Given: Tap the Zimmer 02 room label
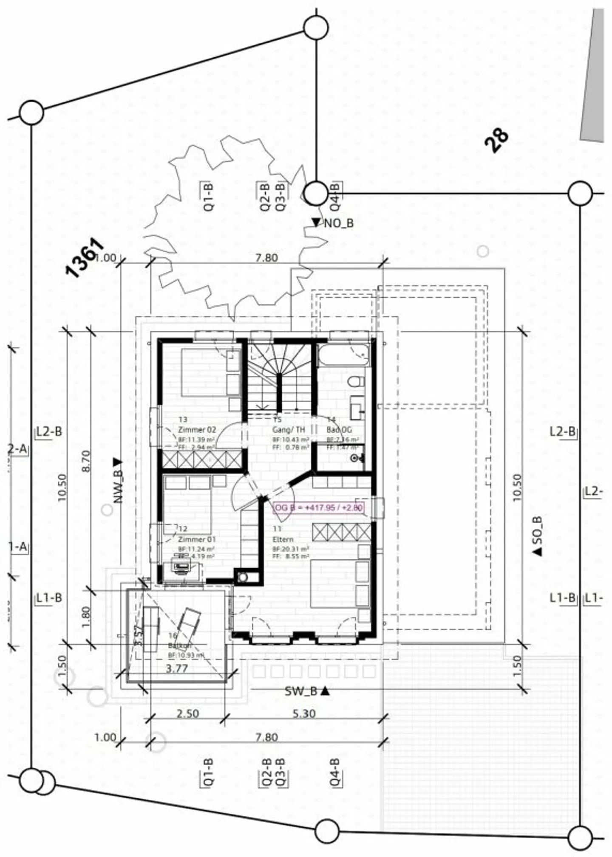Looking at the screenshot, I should point(197,429).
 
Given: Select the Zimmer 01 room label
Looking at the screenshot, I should point(197,539).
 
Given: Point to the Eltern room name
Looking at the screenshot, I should point(283,539).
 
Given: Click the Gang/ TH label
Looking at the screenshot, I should point(289,430).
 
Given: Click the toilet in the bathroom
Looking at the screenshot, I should point(356,381).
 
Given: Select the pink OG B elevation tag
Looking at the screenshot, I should point(318,507).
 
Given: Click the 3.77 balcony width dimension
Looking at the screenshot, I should point(177,668).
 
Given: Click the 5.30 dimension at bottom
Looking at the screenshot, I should point(304,713).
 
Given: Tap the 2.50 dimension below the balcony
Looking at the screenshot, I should point(187,713).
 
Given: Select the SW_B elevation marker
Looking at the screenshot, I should point(307,691).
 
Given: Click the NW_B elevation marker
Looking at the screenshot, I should point(118,480).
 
